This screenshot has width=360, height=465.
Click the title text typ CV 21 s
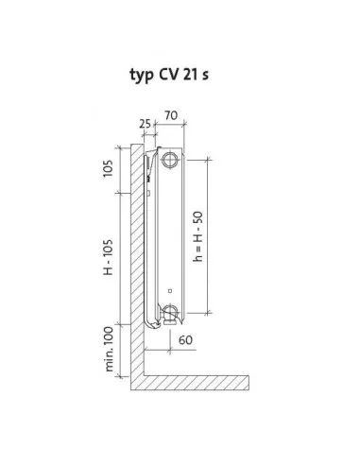169,76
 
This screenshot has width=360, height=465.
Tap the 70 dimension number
171,115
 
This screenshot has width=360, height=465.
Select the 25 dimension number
146,124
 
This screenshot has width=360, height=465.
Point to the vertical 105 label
108,168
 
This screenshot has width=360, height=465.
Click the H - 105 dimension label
108,257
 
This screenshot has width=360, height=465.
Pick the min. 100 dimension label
109,349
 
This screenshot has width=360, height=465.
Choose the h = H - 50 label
198,236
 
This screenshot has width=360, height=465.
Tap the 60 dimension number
185,340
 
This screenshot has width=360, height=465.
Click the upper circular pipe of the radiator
170,160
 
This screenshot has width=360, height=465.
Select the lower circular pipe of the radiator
170,312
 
